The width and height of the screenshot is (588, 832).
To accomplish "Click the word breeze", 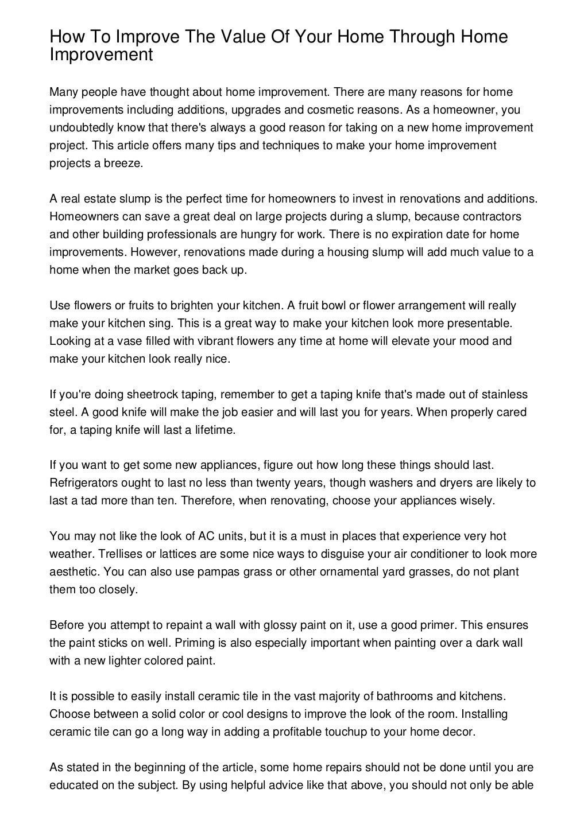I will tap(122, 163).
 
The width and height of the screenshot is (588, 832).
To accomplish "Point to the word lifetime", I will tap(214, 430).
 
